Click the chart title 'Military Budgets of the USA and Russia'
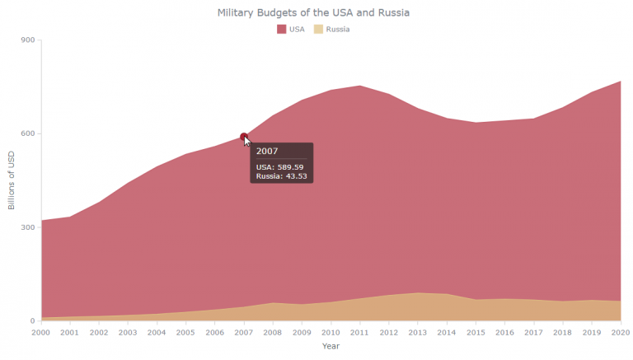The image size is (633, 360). pos(313,12)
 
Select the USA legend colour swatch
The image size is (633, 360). pos(282,29)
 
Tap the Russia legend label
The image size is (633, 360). pos(337,29)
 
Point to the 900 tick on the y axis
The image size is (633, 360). pos(27,40)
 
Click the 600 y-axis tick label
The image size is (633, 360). pos(27,133)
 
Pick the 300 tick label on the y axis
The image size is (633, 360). pos(27,227)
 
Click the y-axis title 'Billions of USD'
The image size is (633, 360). pos(12,180)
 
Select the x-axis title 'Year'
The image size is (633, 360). pos(331,346)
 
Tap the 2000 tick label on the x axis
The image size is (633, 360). pos(40,332)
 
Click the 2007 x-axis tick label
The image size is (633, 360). pos(243,332)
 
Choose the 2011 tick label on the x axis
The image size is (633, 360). pos(359,332)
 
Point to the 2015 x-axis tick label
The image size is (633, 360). pos(476,332)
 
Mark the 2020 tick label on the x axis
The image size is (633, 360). pos(620,332)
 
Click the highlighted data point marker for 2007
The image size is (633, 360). pos(243,137)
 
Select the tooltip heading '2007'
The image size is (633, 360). pos(267,151)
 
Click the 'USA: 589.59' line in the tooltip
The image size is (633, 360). pos(280,166)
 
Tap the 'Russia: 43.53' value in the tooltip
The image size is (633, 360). pos(281,175)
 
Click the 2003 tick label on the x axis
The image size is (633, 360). pos(127,332)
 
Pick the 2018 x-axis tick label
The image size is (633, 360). pos(562,332)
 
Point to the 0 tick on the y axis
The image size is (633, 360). pos(33,320)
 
